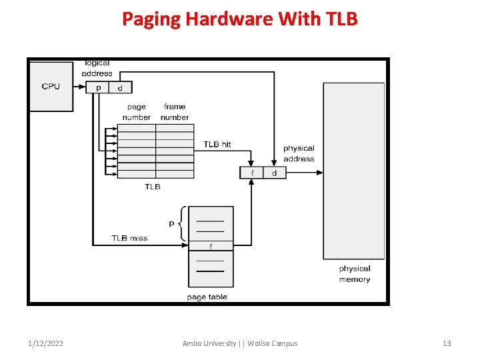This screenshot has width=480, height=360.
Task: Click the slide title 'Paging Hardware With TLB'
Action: coord(239,19)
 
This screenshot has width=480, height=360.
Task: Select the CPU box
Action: coord(51,87)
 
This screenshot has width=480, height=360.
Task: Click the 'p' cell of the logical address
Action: coord(99,87)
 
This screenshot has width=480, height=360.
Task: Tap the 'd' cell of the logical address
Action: coord(120,87)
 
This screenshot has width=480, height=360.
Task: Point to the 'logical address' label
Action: coord(97,68)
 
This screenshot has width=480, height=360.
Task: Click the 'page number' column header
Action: coord(136,112)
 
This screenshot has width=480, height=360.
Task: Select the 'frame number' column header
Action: coord(175,112)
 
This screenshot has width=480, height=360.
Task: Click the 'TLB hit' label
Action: coord(217,144)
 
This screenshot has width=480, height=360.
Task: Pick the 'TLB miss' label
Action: coord(129,238)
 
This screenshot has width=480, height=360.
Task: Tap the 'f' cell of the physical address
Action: coord(252,173)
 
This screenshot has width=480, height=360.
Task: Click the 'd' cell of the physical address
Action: coord(274,173)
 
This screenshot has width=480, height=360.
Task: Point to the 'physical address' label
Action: coord(299,153)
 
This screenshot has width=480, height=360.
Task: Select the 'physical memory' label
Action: coord(354,274)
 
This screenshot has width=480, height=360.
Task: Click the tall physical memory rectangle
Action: coord(353,171)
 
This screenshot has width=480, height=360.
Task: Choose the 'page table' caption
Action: coord(207,297)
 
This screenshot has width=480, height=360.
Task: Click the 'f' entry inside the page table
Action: coord(211,246)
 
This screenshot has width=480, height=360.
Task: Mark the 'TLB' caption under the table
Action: coord(153,187)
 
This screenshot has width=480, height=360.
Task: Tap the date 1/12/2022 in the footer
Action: coord(46,343)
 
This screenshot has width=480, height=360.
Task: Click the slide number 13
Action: coord(447,343)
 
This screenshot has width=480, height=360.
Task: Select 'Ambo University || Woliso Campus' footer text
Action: coord(240,343)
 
